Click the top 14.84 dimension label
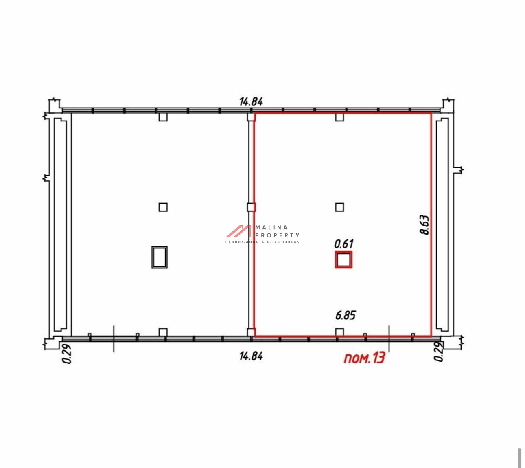point(251,101)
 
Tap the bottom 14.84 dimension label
point(251,356)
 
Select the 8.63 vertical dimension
point(424,225)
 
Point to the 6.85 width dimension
point(346,315)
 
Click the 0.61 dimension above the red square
point(344,244)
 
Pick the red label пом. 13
point(365,358)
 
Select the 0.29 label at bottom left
point(67,354)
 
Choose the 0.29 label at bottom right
point(438,352)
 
